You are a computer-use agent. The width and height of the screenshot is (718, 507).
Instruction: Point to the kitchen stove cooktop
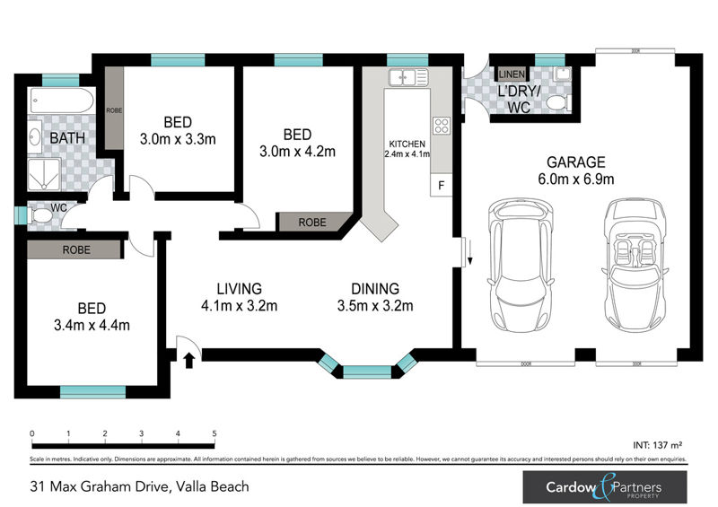441,126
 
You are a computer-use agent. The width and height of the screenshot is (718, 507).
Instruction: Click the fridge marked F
441,186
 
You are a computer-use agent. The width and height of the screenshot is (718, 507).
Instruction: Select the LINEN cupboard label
512,74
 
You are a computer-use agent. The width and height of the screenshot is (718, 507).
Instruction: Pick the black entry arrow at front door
188,361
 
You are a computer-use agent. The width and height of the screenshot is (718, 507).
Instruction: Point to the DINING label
375,289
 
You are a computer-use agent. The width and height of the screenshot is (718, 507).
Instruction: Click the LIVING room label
239,289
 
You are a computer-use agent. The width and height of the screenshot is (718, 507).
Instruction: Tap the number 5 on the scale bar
215,433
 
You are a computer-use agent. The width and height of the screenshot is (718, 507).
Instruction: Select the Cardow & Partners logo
605,487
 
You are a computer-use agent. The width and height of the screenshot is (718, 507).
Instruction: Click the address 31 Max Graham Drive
134,487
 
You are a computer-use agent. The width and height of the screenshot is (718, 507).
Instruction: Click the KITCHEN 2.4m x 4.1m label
407,149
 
